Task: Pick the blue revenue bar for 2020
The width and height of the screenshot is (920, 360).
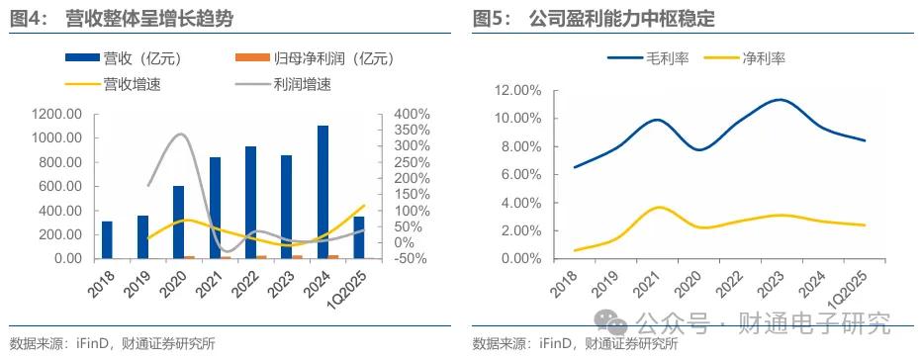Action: [x=178, y=222]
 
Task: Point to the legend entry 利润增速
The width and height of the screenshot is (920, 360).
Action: [x=297, y=84]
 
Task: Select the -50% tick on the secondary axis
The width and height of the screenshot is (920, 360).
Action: [x=409, y=259]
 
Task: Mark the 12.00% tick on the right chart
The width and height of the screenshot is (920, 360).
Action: [x=517, y=91]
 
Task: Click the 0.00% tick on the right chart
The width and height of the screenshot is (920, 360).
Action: [x=520, y=259]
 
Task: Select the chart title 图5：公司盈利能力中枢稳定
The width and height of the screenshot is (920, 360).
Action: [x=594, y=18]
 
